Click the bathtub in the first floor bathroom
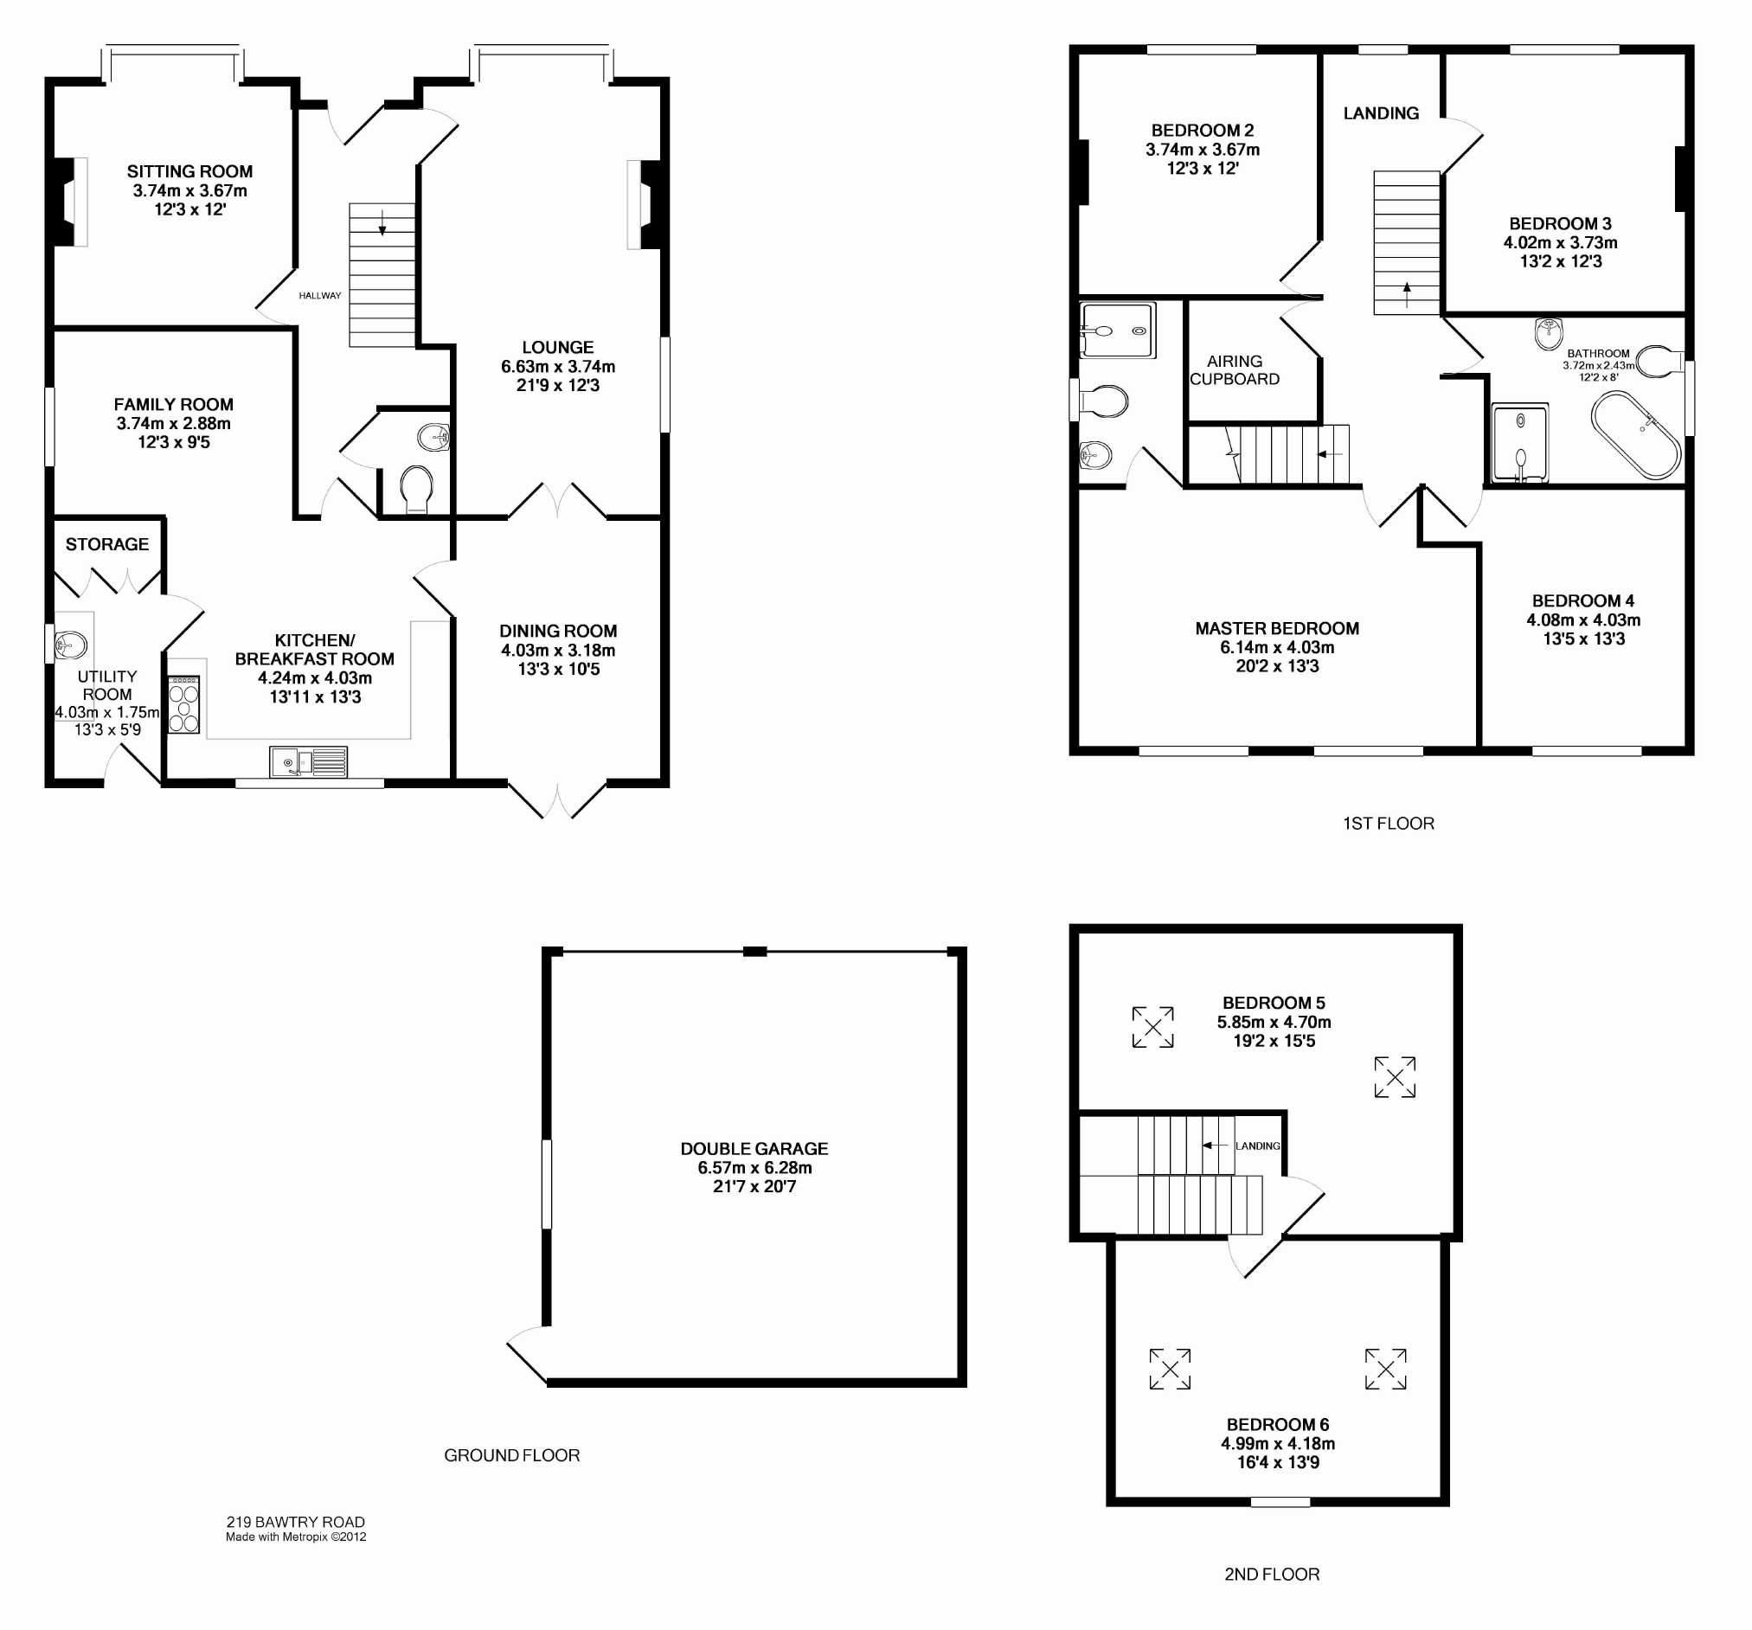1636,435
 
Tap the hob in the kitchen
184,705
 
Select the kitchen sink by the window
310,761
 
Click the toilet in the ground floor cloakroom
416,489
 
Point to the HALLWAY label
320,296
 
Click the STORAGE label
107,544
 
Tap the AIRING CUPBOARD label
1235,370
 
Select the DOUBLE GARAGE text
754,1149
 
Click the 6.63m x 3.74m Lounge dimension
558,367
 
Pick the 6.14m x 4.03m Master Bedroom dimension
1277,648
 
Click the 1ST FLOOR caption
1389,824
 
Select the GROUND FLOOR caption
512,1455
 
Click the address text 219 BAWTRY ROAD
295,1522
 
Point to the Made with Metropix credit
296,1537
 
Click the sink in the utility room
73,645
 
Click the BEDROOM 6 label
1278,1426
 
